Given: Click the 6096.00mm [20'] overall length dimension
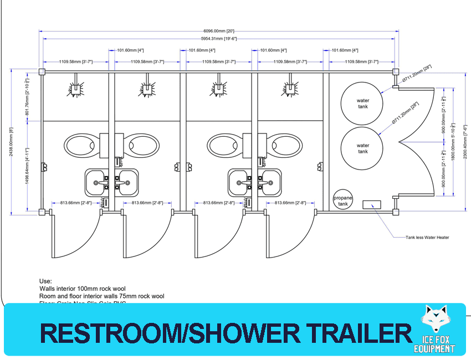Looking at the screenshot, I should (x=219, y=31).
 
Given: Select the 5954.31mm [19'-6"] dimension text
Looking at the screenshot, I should (x=219, y=39).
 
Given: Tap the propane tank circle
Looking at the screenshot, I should (x=342, y=200).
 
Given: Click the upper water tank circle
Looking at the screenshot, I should (x=362, y=103).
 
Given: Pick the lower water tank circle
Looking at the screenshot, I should (x=362, y=148).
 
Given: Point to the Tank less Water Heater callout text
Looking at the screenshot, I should (x=427, y=237).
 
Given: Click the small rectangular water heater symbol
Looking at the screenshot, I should (x=371, y=204).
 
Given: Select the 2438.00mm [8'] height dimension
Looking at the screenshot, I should (x=11, y=142).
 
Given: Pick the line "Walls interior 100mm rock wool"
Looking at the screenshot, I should (x=83, y=289).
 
